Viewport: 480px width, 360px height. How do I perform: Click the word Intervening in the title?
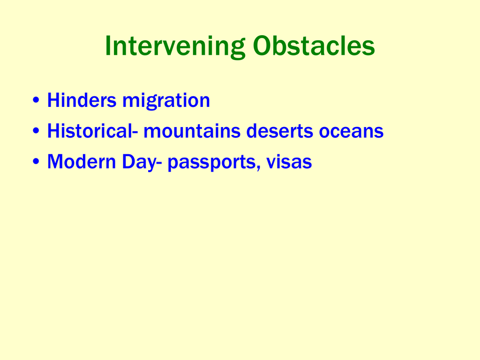[x=175, y=46]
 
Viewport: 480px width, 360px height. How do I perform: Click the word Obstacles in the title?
[x=314, y=46]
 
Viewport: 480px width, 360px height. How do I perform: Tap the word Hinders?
[x=82, y=100]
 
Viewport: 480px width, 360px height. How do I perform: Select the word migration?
[x=166, y=101]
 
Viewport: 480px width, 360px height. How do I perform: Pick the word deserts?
[x=279, y=131]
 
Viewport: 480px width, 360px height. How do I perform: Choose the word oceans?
[x=351, y=132]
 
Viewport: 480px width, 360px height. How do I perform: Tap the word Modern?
[x=82, y=161]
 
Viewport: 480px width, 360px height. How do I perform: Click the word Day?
[x=139, y=162]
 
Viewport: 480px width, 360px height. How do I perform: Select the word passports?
[x=211, y=163]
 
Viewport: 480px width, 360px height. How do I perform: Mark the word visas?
[x=289, y=161]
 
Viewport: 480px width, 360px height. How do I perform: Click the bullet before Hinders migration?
[x=36, y=100]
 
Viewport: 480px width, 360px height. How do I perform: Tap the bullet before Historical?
[x=36, y=131]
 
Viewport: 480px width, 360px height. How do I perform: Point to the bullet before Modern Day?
[x=36, y=161]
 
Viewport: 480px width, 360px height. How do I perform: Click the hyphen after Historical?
[x=135, y=133]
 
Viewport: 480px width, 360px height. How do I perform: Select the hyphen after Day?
[x=159, y=163]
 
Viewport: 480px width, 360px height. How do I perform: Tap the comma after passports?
[x=258, y=167]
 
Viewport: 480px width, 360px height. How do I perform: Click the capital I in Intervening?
[x=108, y=46]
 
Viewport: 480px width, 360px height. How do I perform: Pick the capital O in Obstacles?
[x=262, y=46]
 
